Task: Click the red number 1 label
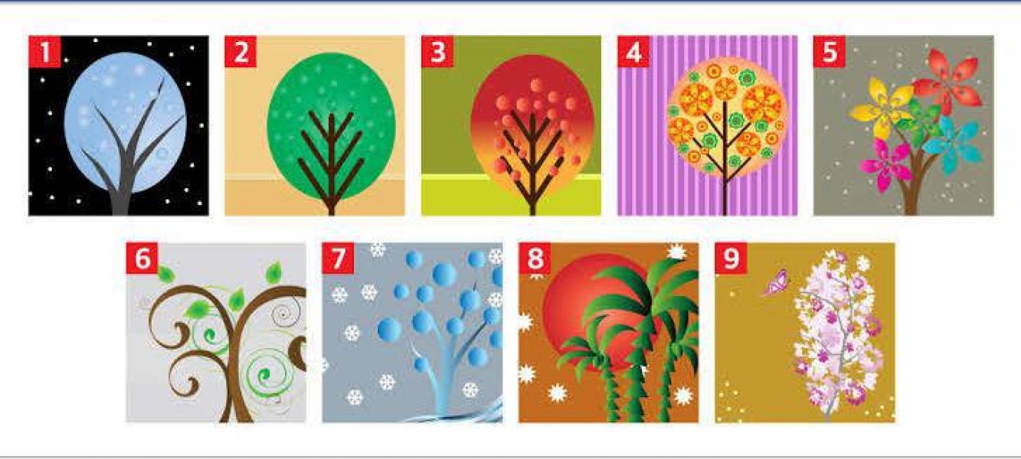pyautogui.click(x=44, y=51)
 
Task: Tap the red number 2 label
pyautogui.click(x=241, y=51)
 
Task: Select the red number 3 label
pyautogui.click(x=437, y=51)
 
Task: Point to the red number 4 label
pyautogui.click(x=633, y=51)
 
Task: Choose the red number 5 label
pyautogui.click(x=830, y=51)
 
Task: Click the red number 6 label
pyautogui.click(x=142, y=259)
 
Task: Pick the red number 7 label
pyautogui.click(x=339, y=259)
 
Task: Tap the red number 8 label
pyautogui.click(x=535, y=259)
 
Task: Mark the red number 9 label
pyautogui.click(x=731, y=259)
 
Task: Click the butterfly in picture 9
pyautogui.click(x=777, y=282)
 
